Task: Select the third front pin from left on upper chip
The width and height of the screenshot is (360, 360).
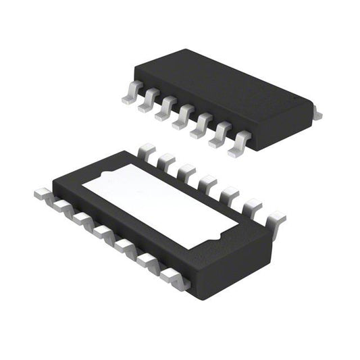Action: [165, 110]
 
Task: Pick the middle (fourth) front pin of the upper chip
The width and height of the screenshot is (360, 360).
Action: [183, 118]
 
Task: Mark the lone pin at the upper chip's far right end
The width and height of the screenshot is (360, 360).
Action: [317, 115]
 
